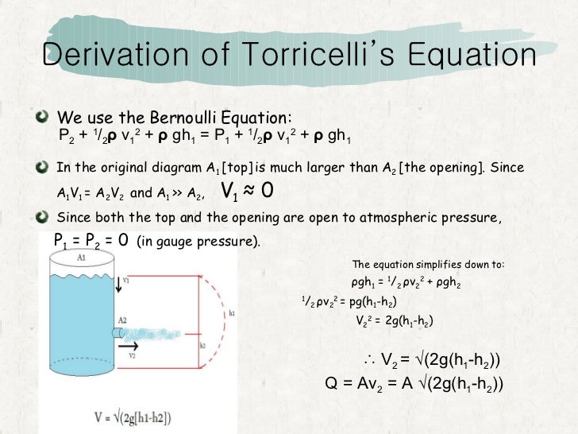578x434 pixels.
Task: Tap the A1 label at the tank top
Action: [81, 258]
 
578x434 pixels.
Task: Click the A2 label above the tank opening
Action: [122, 320]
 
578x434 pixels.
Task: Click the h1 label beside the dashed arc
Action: [231, 314]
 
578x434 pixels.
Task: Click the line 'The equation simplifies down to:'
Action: [429, 265]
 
